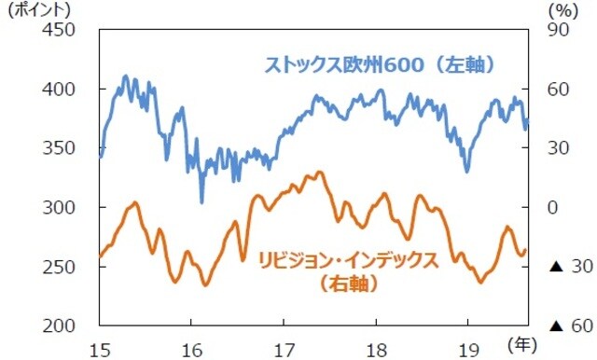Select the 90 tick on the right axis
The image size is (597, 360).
[558, 31]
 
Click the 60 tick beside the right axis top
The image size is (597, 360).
[558, 90]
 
